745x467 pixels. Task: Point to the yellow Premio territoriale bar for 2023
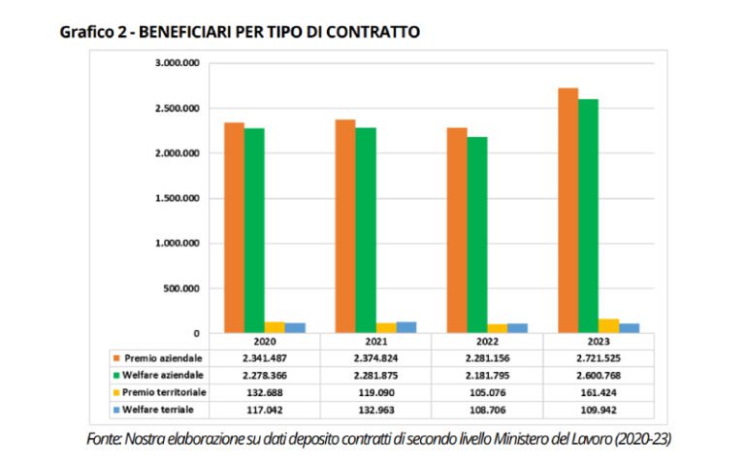pyautogui.click(x=608, y=326)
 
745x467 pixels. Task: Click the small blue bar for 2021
pyautogui.click(x=406, y=327)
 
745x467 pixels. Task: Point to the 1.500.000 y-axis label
pyautogui.click(x=178, y=198)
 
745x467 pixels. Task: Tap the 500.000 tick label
pyautogui.click(x=181, y=288)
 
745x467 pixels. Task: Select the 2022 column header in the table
pyautogui.click(x=487, y=342)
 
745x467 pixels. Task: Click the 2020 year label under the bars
pyautogui.click(x=265, y=342)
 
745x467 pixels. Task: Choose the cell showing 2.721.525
pyautogui.click(x=598, y=358)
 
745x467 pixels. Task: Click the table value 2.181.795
pyautogui.click(x=487, y=376)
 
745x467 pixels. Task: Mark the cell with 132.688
pyautogui.click(x=265, y=392)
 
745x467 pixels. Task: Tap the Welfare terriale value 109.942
pyautogui.click(x=598, y=410)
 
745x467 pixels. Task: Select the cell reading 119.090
pyautogui.click(x=376, y=392)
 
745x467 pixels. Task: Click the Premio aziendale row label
pyautogui.click(x=162, y=358)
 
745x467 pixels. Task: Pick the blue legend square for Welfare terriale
pyautogui.click(x=115, y=410)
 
